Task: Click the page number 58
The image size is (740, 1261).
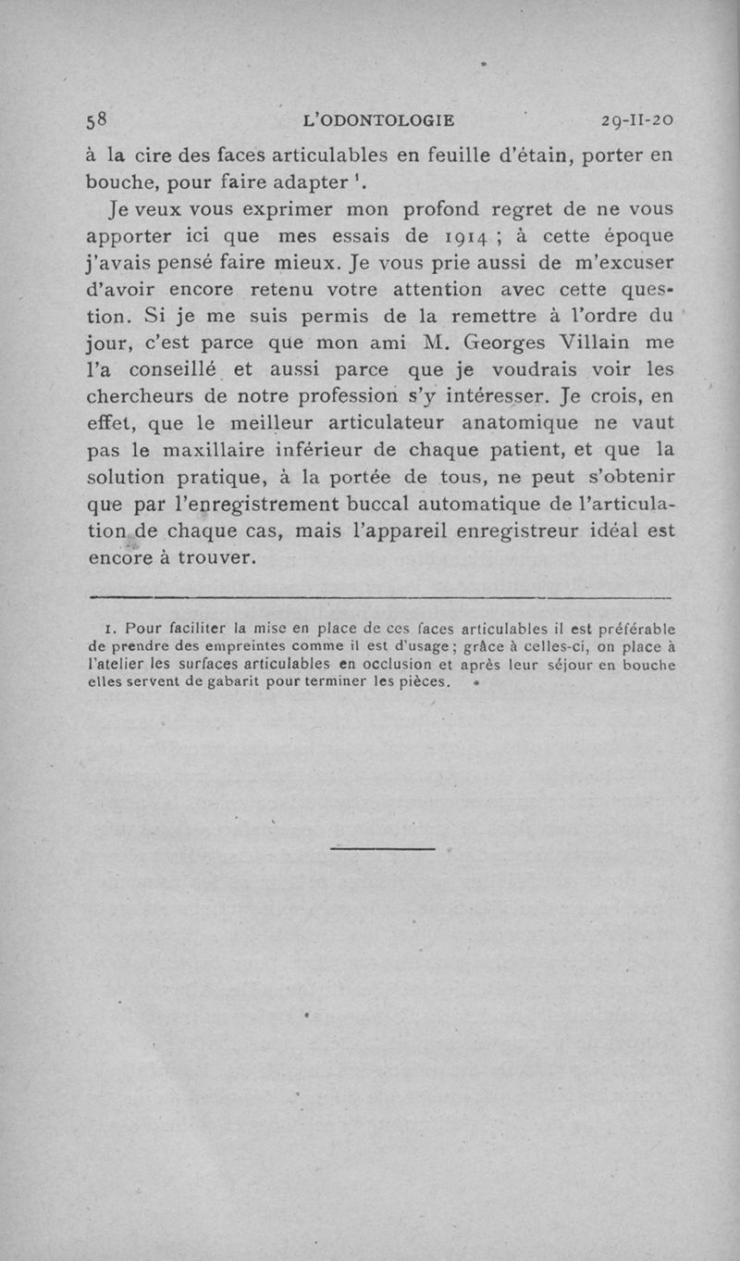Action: point(98,119)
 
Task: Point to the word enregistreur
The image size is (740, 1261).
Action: point(524,532)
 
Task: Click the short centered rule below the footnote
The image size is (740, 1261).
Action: point(382,848)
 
